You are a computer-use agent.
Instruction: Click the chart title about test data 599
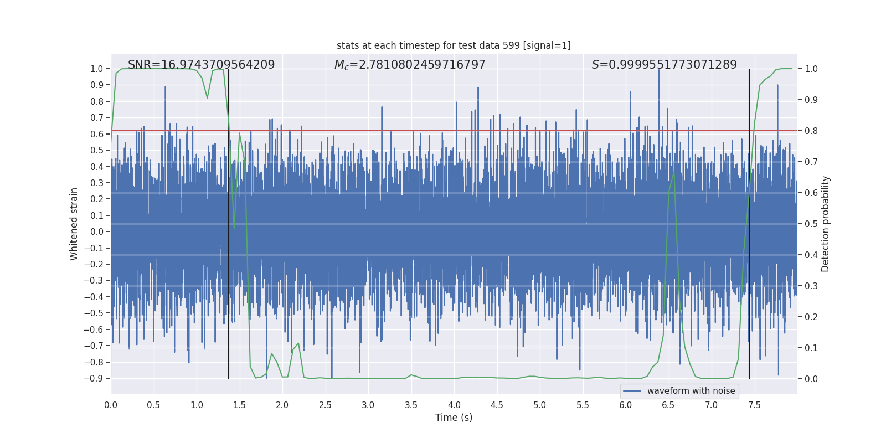pos(454,45)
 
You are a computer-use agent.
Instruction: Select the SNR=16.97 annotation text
pos(201,65)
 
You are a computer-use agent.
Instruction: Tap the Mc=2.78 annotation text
pos(410,65)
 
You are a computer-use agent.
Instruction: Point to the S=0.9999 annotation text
pos(664,65)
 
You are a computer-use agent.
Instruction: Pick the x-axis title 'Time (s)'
pos(454,418)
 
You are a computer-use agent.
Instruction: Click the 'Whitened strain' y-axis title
pos(74,224)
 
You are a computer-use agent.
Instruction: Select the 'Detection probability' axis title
pos(826,224)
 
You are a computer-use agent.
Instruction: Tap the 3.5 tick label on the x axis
pos(411,405)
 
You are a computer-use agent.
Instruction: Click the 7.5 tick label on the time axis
pos(754,405)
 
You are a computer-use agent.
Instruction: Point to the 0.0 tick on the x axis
pos(111,405)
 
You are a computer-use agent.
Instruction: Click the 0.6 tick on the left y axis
pos(97,134)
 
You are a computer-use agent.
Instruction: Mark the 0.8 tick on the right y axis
pos(811,131)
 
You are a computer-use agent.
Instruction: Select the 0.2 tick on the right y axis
pos(811,317)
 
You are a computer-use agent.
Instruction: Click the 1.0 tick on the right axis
pos(811,69)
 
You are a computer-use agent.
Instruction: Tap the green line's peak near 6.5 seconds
pos(674,172)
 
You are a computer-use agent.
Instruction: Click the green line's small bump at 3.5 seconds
pos(411,375)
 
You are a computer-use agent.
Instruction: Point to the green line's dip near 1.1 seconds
pos(207,98)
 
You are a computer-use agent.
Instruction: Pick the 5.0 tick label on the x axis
pos(539,405)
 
